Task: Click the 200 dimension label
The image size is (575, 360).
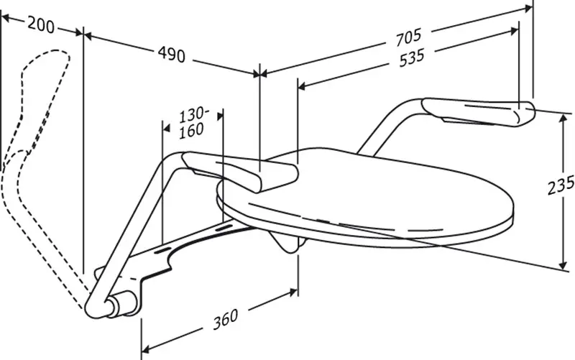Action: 41,26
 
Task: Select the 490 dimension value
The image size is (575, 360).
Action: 171,55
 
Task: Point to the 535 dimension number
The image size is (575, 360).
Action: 411,58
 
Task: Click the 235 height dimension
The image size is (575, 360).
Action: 561,185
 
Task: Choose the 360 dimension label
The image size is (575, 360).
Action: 226,319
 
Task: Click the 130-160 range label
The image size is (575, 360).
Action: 192,123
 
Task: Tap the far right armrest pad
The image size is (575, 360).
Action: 479,112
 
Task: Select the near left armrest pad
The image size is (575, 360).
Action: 241,172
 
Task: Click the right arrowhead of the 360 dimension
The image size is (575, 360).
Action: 293,292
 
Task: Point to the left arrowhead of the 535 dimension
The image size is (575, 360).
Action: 303,86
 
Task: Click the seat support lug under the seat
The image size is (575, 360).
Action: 288,242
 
